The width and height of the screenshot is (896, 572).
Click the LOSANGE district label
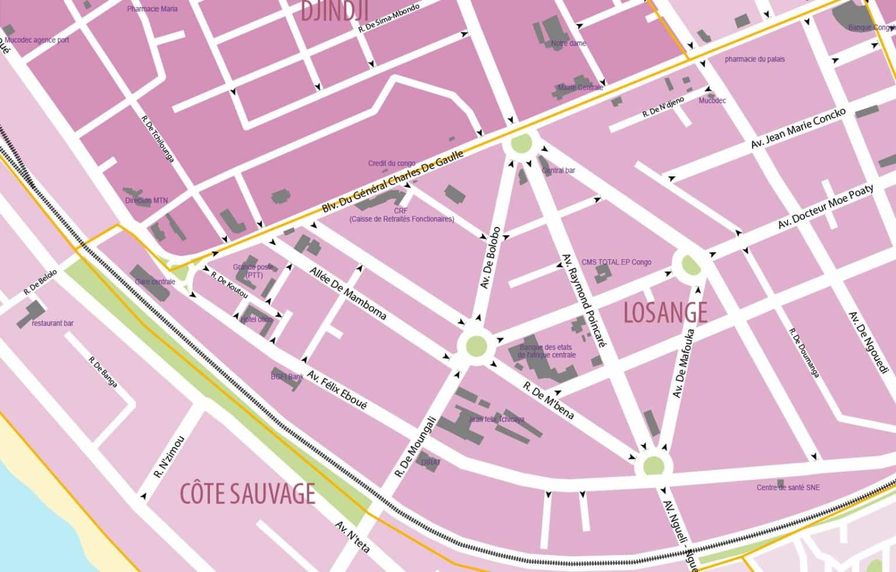(x=665, y=313)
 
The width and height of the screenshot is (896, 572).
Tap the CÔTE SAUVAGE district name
(x=247, y=494)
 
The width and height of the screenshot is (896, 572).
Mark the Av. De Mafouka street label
(x=683, y=363)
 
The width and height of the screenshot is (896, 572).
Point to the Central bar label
(x=558, y=170)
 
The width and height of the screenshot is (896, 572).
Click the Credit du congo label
(x=391, y=163)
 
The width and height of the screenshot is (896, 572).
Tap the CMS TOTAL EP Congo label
(x=616, y=262)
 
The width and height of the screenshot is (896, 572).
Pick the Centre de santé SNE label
(x=787, y=487)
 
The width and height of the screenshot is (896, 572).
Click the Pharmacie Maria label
(x=152, y=9)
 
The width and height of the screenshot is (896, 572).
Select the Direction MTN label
(x=146, y=200)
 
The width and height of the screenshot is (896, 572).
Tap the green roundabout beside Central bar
(x=521, y=143)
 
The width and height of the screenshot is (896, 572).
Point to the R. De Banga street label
(x=103, y=372)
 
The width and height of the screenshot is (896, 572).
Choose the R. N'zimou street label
(x=169, y=457)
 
